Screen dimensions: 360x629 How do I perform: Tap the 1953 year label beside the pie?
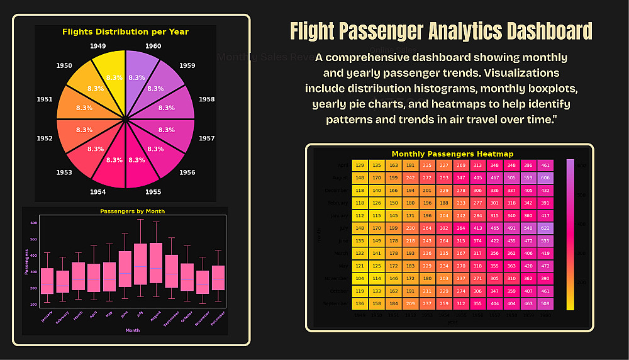pyautogui.click(x=64, y=172)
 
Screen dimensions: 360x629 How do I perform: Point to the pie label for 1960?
pyautogui.click(x=153, y=46)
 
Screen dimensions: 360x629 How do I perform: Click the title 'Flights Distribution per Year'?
pyautogui.click(x=125, y=31)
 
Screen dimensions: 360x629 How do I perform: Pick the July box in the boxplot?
pyautogui.click(x=140, y=264)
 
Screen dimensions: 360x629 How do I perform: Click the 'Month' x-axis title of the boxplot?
pyautogui.click(x=133, y=330)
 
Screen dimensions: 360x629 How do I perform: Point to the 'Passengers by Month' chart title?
pyautogui.click(x=132, y=211)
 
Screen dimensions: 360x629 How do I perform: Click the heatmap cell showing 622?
pyautogui.click(x=545, y=227)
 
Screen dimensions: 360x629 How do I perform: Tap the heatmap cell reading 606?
pyautogui.click(x=545, y=178)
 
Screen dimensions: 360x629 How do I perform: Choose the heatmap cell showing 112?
pyautogui.click(x=360, y=215)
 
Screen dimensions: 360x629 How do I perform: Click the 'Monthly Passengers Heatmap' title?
pyautogui.click(x=452, y=154)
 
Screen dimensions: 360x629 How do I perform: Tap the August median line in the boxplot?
pyautogui.click(x=156, y=269)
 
